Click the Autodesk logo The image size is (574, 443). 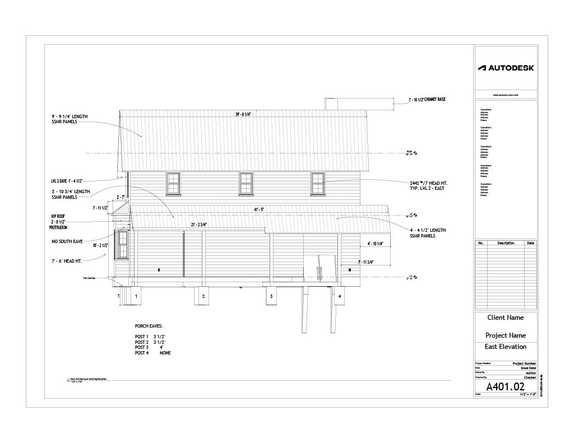pos(506,68)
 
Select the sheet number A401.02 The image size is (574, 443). pos(505,386)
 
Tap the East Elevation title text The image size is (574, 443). pos(505,347)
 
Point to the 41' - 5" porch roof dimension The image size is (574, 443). pos(258,209)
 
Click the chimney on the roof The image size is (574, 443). pos(330,104)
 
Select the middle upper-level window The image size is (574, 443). pos(246,184)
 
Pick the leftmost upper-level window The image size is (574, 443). pos(173,184)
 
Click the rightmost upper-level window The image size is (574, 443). pos(318,184)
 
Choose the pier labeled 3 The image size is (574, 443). pos(271,296)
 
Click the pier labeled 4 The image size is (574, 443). pos(340,296)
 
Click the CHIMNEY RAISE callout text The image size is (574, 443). pos(427,99)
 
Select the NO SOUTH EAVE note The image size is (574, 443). pos(68,241)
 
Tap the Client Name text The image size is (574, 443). pos(505,318)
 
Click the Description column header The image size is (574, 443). pos(505,243)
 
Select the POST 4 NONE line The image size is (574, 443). pos(152,353)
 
